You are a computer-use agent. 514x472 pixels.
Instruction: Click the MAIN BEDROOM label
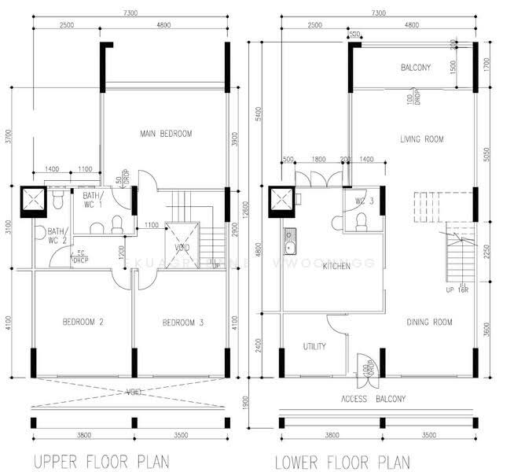pyautogui.click(x=166, y=134)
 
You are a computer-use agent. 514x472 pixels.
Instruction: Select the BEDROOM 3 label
pyautogui.click(x=183, y=323)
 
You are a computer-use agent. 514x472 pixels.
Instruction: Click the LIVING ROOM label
pyautogui.click(x=422, y=139)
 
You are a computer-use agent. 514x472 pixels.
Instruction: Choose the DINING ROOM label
pyautogui.click(x=430, y=322)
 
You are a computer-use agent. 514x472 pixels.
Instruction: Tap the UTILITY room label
pyautogui.click(x=314, y=346)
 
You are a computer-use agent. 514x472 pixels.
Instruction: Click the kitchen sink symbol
pyautogui.click(x=290, y=242)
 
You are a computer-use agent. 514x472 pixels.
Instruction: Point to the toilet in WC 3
pyautogui.click(x=362, y=224)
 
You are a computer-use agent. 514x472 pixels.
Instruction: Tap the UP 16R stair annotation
pyautogui.click(x=458, y=290)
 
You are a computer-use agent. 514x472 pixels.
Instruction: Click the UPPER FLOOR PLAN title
pyautogui.click(x=100, y=459)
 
